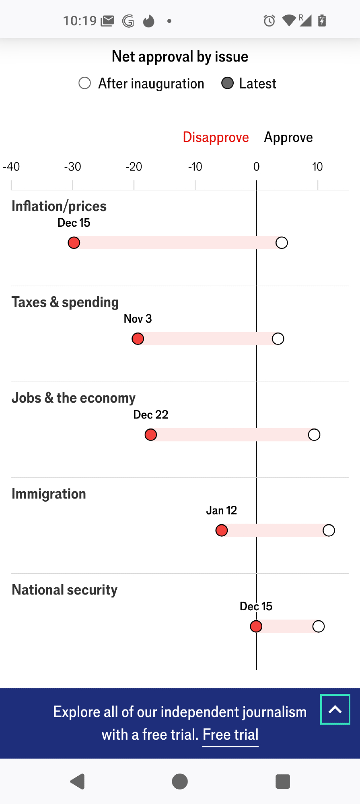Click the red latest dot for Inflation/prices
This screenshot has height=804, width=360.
pos(74,243)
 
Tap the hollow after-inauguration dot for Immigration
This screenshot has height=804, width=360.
pos(329,531)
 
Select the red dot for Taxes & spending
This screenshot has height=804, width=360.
pos(138,339)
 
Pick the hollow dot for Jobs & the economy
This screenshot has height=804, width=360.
pos(314,435)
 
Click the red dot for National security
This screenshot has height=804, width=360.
pos(256,626)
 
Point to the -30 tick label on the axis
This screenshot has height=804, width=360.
pos(73,167)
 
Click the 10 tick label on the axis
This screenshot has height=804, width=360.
pos(317,167)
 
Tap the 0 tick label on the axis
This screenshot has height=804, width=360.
pos(256,167)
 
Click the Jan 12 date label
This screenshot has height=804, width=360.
pos(222,511)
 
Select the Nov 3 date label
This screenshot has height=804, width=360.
pos(138,319)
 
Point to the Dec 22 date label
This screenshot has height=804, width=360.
pos(151,415)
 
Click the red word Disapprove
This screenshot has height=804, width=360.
pos(216,137)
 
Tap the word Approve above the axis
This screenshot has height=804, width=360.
pos(288,137)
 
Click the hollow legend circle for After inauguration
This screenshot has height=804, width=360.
pos(84,83)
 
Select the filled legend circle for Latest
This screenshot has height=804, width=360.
pos(228,83)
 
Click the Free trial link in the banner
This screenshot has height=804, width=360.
pos(230,735)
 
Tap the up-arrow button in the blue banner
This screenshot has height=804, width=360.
pos(335,710)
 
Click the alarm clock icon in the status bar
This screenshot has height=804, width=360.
pos(269,21)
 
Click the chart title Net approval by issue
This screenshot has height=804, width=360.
pos(180,57)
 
